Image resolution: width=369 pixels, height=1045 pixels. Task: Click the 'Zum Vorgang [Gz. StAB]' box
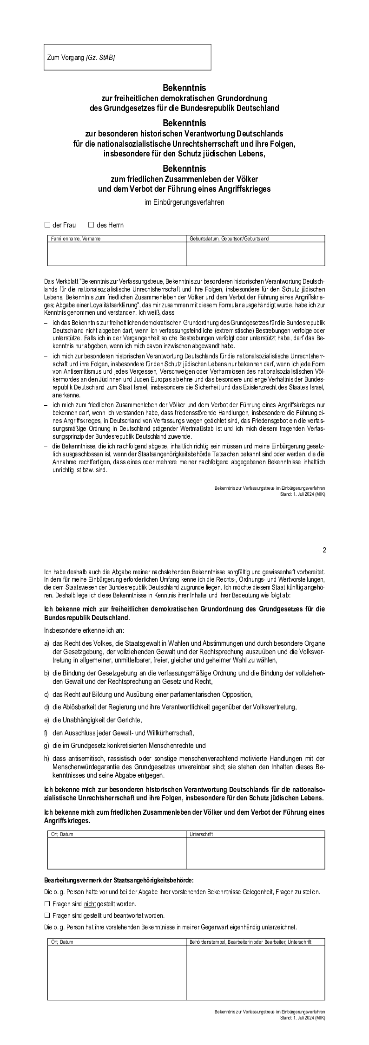[127, 58]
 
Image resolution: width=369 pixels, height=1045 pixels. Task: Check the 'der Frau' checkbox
[47, 225]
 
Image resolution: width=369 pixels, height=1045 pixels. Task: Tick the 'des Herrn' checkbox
[91, 225]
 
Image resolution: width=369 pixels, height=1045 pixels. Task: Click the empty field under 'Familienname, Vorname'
[117, 253]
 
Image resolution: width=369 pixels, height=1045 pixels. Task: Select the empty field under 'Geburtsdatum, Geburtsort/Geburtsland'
[255, 253]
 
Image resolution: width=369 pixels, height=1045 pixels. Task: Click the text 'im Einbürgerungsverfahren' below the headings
[184, 202]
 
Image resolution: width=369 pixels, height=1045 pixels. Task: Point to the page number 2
[324, 550]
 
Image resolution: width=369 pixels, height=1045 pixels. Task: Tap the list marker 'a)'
[46, 643]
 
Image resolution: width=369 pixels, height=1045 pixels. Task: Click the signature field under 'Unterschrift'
[255, 853]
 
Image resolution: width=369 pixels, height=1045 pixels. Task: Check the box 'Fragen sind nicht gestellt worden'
[46, 904]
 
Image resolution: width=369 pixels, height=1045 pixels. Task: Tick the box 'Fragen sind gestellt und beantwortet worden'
[46, 915]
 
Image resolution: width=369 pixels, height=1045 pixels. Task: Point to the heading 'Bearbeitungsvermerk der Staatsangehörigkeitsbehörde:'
[119, 880]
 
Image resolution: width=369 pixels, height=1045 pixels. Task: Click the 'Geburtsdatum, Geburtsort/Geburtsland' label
[229, 239]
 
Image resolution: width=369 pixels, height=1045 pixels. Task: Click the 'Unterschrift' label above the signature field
[201, 834]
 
